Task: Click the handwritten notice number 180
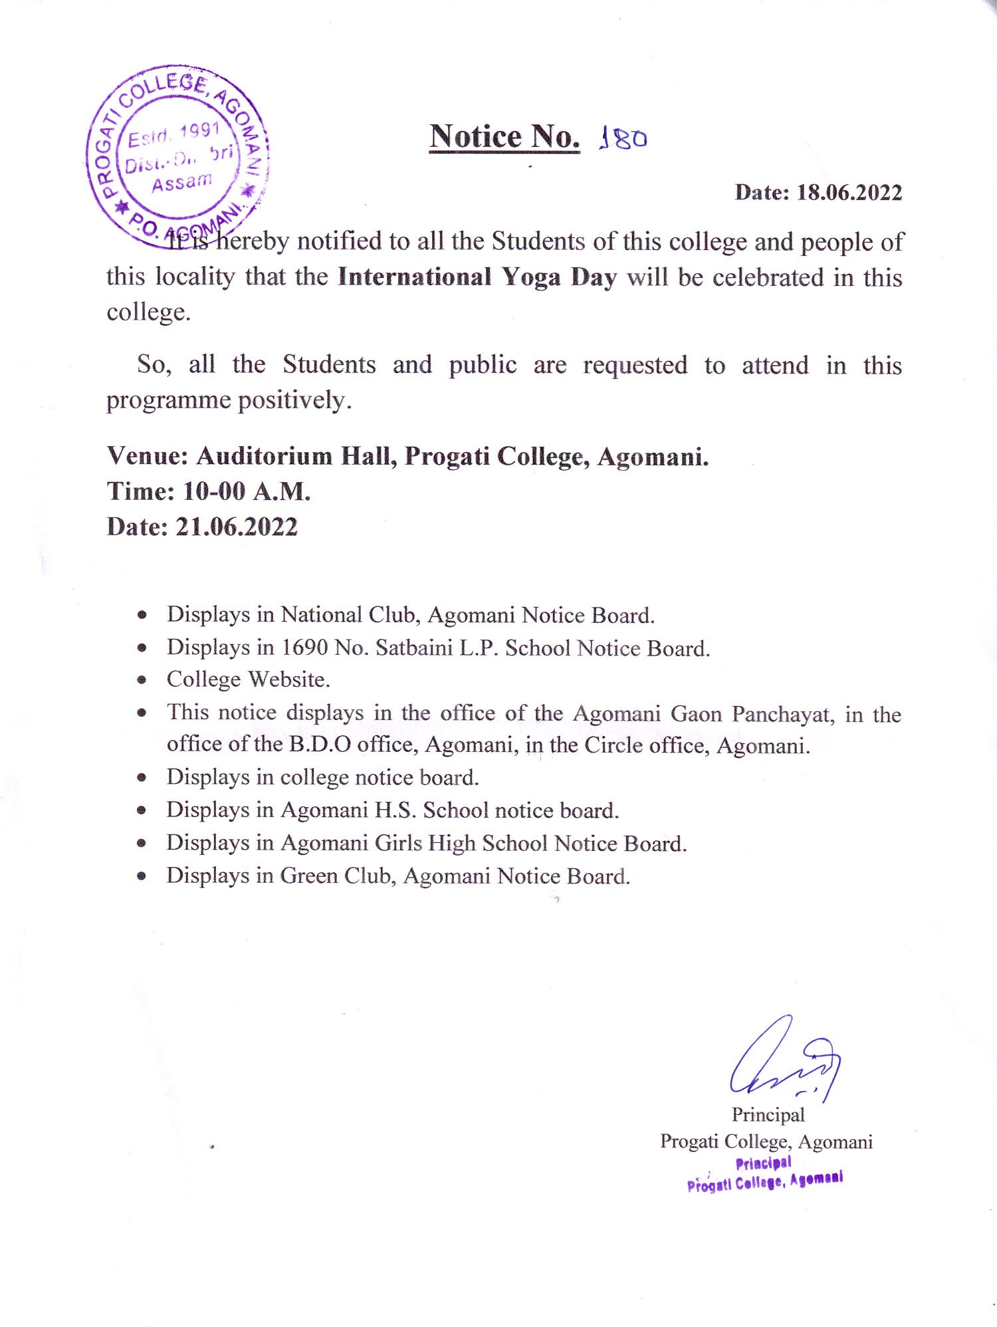coord(623,138)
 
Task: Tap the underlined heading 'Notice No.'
coord(504,137)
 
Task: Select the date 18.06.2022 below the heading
coord(849,193)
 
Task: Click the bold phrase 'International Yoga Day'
coord(477,277)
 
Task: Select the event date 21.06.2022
coord(236,527)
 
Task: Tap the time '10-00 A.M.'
coord(247,492)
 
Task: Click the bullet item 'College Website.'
coord(248,679)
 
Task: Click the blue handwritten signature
coord(785,1062)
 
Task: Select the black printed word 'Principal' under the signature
coord(768,1115)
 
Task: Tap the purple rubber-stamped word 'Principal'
coord(763,1163)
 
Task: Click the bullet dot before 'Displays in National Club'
coord(142,616)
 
